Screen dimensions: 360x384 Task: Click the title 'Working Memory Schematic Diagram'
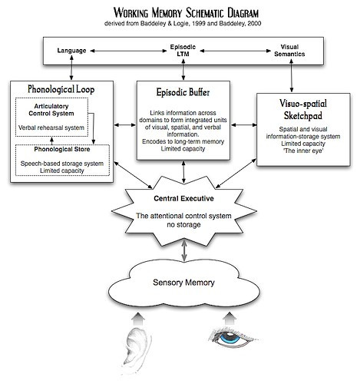[186, 13]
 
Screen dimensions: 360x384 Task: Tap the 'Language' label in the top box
[71, 51]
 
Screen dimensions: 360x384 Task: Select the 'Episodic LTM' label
[183, 51]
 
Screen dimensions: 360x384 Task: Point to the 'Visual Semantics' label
[289, 51]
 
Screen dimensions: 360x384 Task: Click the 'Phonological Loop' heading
[61, 89]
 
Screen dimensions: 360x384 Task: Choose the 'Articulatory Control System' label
[51, 110]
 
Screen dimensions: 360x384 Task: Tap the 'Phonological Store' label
[62, 149]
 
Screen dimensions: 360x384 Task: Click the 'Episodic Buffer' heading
[183, 92]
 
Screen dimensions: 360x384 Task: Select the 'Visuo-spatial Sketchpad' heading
[303, 110]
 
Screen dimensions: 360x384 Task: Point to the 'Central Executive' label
[183, 198]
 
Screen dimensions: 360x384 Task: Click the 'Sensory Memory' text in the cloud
[183, 283]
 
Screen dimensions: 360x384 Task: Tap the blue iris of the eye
[230, 337]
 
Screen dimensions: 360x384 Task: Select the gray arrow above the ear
[138, 319]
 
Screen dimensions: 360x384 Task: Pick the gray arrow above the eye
[230, 319]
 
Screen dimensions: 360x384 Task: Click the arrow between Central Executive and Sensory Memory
[184, 250]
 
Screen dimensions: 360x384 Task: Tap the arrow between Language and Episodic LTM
[129, 51]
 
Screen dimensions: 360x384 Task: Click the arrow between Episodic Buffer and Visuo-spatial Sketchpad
[244, 125]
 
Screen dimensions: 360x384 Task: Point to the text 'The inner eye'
[303, 151]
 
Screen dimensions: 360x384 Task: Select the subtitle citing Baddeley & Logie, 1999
[183, 24]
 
